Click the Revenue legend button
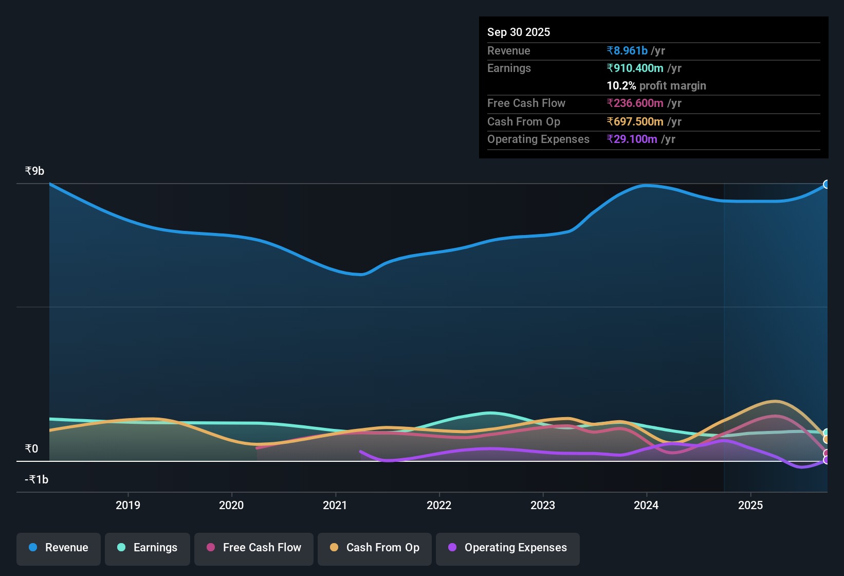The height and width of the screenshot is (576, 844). (x=59, y=548)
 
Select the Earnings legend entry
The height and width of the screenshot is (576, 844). (x=148, y=548)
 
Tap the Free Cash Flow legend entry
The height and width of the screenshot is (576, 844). (x=254, y=548)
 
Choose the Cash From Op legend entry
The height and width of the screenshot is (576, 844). (x=375, y=548)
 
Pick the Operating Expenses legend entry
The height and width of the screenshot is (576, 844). (x=508, y=548)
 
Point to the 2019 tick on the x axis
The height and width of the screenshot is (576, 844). (x=128, y=505)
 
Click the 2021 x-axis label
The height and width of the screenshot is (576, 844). (x=335, y=505)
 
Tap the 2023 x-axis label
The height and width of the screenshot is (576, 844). (x=543, y=505)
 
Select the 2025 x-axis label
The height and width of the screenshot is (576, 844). (x=750, y=505)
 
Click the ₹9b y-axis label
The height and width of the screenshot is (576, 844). (x=35, y=171)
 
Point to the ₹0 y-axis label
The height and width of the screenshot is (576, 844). (x=32, y=448)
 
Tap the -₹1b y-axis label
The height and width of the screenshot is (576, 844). (x=36, y=479)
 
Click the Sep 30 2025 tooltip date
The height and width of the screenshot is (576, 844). (x=519, y=32)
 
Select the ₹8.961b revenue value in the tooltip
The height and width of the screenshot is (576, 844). (x=627, y=50)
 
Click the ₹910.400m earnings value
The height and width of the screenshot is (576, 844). (x=635, y=68)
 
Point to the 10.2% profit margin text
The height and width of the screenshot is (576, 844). (x=656, y=85)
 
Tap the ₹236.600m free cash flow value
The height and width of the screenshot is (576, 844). (x=635, y=103)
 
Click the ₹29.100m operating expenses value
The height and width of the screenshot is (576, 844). (x=632, y=139)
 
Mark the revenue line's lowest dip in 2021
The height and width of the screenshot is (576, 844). (x=361, y=274)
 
